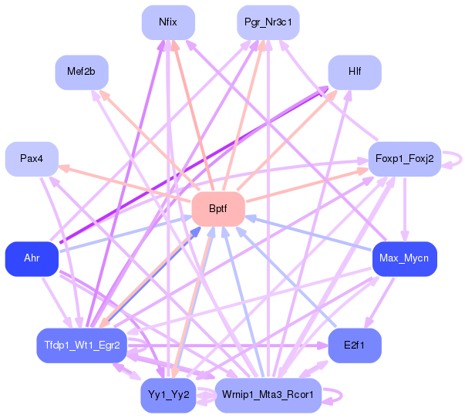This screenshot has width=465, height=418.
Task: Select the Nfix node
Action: coord(167,23)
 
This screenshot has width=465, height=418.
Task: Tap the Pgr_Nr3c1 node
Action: coord(268,23)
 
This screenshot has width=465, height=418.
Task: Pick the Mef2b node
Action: coord(81,72)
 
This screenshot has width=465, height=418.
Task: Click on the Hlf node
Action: coord(355,72)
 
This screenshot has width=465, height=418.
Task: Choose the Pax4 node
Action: coord(32,159)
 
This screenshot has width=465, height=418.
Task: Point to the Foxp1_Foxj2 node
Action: coord(404,159)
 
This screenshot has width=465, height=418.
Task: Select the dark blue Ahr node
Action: coord(32,258)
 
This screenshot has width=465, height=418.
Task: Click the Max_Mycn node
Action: coord(404,258)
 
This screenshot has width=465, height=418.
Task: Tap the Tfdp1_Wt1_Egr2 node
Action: coord(82,345)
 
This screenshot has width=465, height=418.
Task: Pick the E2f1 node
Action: coord(355,345)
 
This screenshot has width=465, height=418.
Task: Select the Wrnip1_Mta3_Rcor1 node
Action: coord(267,395)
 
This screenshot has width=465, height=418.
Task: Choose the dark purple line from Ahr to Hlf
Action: coord(193,166)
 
